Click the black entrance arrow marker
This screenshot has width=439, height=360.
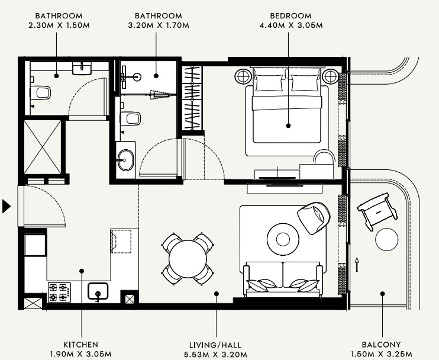coord(6,207)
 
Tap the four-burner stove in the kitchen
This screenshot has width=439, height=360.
coord(59,292)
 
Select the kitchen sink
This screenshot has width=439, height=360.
coord(98,291)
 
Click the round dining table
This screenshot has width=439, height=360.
coord(188,259)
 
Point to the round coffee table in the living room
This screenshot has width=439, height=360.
coord(283,239)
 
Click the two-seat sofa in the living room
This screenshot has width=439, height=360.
coord(283,279)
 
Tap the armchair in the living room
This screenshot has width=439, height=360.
coord(314,218)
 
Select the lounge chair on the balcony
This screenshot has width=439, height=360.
coord(377,211)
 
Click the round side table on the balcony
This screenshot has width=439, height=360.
coord(387,240)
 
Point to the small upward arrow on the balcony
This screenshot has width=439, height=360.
coord(357,265)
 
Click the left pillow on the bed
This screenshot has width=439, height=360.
coord(269,82)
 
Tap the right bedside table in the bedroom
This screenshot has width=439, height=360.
coord(331,76)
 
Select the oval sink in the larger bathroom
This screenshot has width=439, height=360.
coord(125,160)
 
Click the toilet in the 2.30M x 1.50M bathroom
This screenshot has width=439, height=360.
coord(40,93)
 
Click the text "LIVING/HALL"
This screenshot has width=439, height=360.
coord(215,345)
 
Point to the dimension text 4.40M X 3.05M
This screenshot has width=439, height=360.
coord(291,25)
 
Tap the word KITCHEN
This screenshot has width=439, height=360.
coord(80,345)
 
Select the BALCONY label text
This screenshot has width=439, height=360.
coord(382,345)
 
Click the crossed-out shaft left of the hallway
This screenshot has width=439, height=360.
coord(43,147)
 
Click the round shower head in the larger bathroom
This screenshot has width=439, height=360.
coord(137,77)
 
